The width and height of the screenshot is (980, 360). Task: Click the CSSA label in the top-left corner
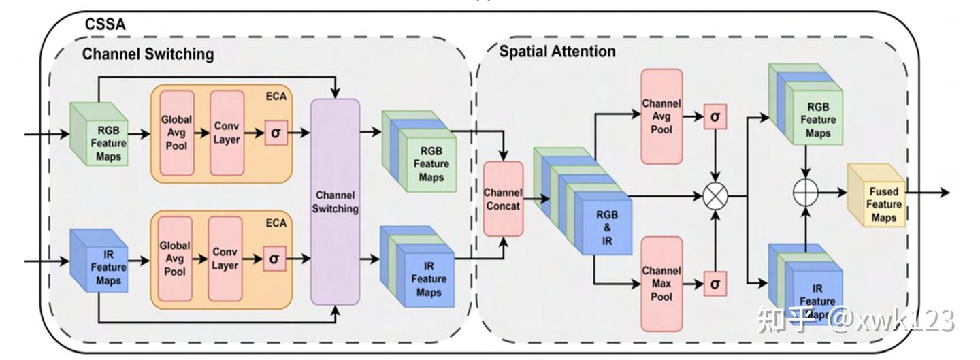pos(105,25)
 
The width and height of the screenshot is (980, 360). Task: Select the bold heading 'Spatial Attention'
pos(557,52)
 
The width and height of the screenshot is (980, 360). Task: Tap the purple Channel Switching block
pos(335,202)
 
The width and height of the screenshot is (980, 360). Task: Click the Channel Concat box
pos(504,198)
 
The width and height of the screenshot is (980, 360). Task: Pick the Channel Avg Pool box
pos(661,116)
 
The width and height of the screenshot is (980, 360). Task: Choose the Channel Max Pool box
pos(661,284)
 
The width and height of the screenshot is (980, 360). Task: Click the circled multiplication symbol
pos(715,197)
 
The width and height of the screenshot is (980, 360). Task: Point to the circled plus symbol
pos(806,193)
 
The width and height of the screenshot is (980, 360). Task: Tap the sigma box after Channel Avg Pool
pos(715,117)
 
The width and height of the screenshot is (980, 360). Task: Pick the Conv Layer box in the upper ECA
pos(227,132)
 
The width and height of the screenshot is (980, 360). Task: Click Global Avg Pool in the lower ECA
pos(175,258)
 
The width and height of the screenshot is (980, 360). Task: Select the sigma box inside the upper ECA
pos(275,132)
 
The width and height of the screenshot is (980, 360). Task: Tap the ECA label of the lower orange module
pos(276,223)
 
